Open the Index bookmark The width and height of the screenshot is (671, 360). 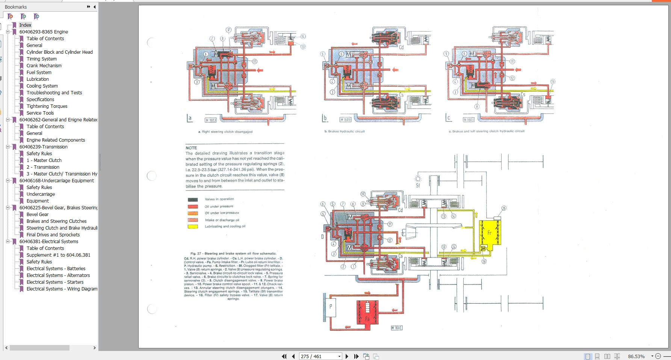(25, 25)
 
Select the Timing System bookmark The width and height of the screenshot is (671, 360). (41, 59)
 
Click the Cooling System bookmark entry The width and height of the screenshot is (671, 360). (42, 86)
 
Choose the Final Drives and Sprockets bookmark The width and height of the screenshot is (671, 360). (53, 235)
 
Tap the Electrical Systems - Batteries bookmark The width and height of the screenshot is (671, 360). (56, 269)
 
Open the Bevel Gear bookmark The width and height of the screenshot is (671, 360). (37, 215)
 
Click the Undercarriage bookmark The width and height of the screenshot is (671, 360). (41, 194)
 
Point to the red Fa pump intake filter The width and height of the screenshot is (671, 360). (367, 314)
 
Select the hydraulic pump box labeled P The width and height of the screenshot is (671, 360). (330, 307)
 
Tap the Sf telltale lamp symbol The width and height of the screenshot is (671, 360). (418, 179)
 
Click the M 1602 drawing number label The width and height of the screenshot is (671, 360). (396, 328)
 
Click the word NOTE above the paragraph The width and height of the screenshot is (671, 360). (191, 148)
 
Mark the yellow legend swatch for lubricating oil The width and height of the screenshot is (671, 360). (193, 227)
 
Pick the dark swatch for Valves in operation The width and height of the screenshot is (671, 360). (193, 200)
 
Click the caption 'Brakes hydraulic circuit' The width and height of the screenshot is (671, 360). (345, 132)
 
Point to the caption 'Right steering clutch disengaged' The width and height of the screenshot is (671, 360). (225, 132)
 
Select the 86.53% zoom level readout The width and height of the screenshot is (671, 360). (636, 356)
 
